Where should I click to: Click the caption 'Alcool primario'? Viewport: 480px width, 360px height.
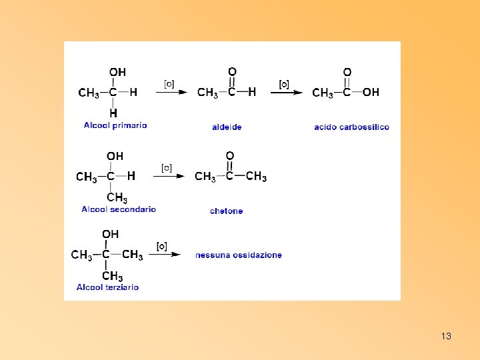point(115,125)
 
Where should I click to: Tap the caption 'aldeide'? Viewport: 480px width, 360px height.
point(227,127)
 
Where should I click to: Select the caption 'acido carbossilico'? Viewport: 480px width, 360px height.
point(351,127)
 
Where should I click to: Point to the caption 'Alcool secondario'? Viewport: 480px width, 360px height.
point(119,209)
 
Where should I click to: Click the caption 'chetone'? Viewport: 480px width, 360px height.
point(226,211)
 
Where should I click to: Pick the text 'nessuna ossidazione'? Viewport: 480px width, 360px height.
point(239,255)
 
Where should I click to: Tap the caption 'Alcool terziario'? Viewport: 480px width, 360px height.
point(107,287)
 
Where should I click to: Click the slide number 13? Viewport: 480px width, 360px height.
point(446,336)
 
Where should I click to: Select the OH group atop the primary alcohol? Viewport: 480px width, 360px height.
point(117,72)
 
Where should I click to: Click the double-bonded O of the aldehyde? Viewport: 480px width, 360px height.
point(232,71)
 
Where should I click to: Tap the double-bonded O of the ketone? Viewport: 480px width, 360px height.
point(229,156)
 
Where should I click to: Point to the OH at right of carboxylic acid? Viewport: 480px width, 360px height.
point(371,93)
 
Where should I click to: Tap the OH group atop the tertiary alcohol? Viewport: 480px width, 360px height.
point(111,234)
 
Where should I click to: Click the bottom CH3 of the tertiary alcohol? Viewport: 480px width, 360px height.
point(112,276)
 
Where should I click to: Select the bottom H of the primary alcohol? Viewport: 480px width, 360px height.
point(113,113)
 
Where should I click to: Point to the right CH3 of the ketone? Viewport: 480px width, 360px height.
point(256,177)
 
